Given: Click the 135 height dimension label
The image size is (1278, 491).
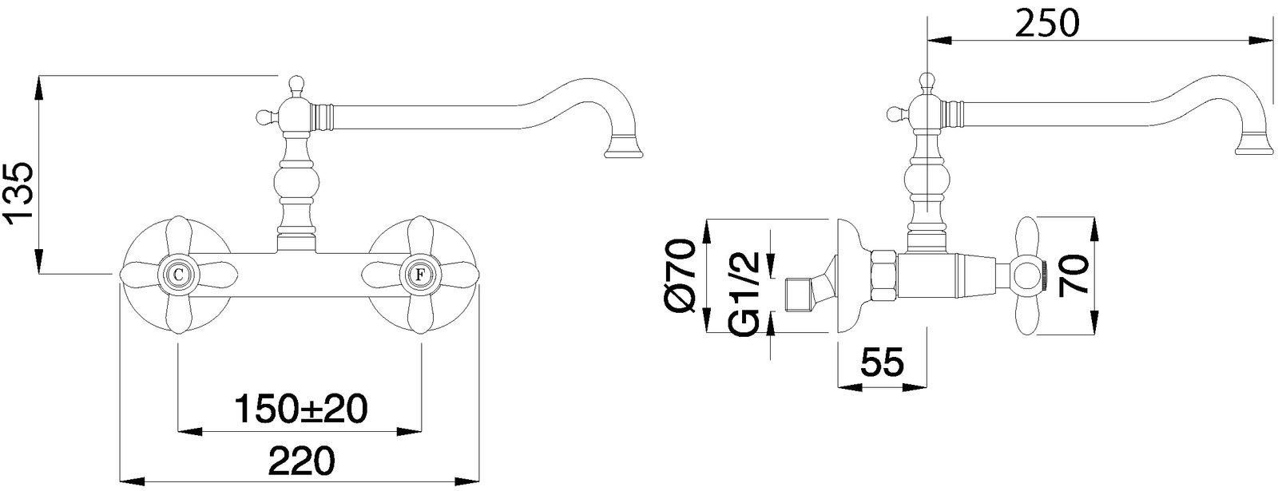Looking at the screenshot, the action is [19, 192].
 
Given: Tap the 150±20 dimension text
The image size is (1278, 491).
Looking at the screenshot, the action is [300, 408].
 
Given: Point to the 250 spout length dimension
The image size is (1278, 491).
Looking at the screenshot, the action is [1047, 23].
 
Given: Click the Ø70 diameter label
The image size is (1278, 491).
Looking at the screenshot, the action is [681, 275].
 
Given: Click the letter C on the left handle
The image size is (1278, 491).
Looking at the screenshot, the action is [178, 275].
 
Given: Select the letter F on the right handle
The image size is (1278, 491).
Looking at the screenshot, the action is [419, 275].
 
